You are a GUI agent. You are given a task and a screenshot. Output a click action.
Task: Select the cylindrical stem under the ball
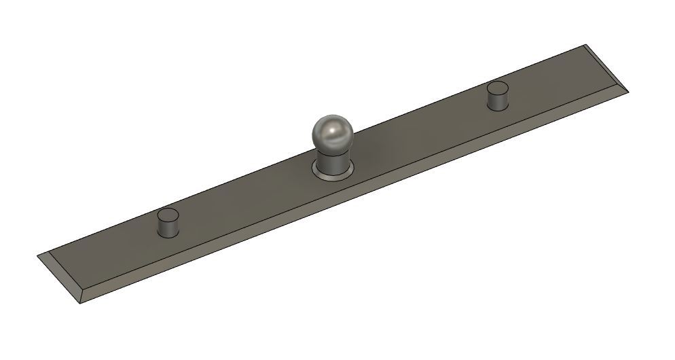(332, 162)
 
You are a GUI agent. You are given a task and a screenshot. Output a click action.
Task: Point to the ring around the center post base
(318, 173)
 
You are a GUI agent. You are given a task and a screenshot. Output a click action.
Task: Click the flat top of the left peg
(168, 216)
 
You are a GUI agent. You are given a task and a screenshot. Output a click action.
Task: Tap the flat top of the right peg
(499, 87)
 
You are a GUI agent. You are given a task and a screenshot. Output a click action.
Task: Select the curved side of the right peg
(499, 100)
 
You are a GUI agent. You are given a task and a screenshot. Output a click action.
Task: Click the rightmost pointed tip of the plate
(631, 92)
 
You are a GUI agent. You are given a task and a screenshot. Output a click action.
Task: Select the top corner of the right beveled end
(586, 46)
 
